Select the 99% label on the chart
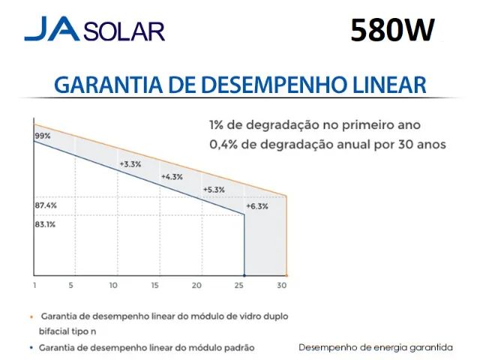pos(42,136)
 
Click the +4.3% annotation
pos(172,177)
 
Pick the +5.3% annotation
pos(214,190)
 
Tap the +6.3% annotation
pos(256,205)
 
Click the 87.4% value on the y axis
pos(46,205)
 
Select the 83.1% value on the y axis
pos(46,223)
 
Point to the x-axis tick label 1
pos(34,286)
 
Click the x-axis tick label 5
pos(71,286)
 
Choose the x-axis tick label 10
pos(113,286)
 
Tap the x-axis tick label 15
pos(155,286)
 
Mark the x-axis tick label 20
pos(197,286)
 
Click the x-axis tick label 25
pos(239,286)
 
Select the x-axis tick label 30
pos(281,286)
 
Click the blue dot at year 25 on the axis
pos(244,274)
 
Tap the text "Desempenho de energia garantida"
pos(375,347)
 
